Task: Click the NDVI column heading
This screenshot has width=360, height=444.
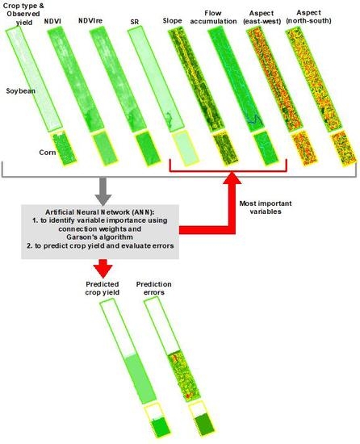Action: pos(52,21)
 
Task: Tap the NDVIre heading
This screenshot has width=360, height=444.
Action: pos(90,21)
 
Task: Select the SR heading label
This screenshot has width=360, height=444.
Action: pos(135,22)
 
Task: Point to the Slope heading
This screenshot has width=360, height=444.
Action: pos(173,21)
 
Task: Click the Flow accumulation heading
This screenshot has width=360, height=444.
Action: pos(213,17)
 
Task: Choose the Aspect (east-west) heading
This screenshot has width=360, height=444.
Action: pos(262,17)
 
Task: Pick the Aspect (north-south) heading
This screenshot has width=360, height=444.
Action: pos(308,17)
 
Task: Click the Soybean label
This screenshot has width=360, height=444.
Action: pos(21,91)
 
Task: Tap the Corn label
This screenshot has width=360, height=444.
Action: pos(48,153)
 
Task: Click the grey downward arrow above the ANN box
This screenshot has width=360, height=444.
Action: pos(103,191)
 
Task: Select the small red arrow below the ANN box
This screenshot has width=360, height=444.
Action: pos(103,268)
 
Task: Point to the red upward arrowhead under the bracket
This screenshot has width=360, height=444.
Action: pos(232,178)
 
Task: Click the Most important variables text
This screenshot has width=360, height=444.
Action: pos(266,207)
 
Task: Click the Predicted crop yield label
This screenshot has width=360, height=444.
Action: pos(103,288)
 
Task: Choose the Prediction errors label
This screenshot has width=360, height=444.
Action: pos(153,288)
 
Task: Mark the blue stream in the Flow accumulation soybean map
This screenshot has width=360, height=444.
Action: pos(253,120)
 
